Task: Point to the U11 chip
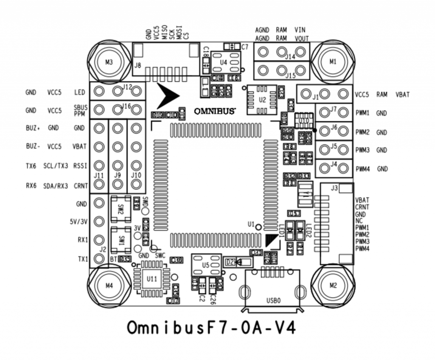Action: [151, 279]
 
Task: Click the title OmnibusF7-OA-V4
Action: [211, 328]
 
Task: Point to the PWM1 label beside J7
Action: [362, 113]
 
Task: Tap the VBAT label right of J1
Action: [402, 95]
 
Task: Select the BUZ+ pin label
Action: [33, 128]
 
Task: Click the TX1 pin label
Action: [82, 259]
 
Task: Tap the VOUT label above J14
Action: [301, 38]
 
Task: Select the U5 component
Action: [206, 264]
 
